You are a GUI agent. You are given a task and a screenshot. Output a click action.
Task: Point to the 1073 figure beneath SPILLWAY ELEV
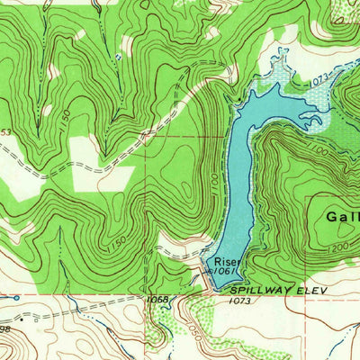[239, 302]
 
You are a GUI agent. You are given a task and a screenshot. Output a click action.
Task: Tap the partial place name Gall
[342, 217]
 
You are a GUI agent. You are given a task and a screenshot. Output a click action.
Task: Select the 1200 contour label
[340, 246]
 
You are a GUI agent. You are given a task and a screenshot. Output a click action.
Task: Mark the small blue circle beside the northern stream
[117, 57]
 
